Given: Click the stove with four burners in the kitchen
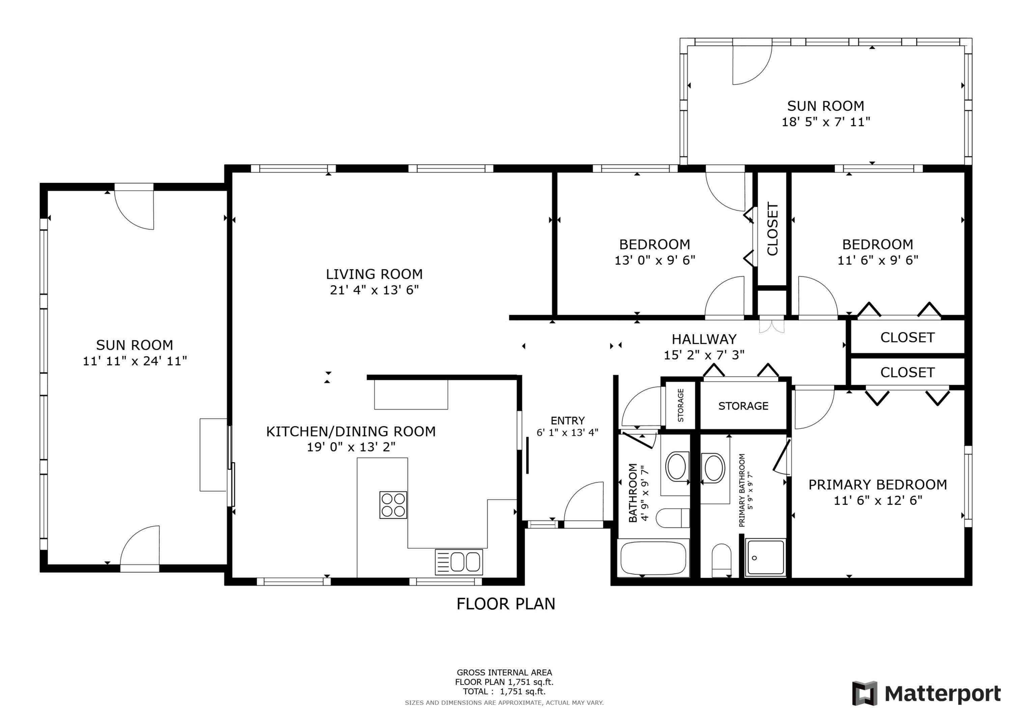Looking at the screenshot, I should (x=393, y=505).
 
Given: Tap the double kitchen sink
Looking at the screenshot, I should (x=459, y=562).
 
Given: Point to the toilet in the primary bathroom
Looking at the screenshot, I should (x=722, y=559).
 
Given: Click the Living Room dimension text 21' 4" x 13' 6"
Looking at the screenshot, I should (x=374, y=290).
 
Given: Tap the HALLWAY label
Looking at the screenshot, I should (x=704, y=339).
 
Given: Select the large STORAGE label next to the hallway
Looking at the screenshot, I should (x=743, y=406).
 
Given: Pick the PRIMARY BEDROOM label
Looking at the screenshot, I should (x=877, y=485).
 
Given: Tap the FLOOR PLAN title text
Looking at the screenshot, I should (x=506, y=604).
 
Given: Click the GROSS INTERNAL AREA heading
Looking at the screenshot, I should (x=504, y=673).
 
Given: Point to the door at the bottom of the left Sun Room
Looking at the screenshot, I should (x=140, y=547).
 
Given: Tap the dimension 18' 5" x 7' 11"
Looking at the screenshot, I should (x=825, y=122).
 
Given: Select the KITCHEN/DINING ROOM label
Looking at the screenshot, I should (x=351, y=431).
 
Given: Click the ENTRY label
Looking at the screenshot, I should (x=567, y=420).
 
